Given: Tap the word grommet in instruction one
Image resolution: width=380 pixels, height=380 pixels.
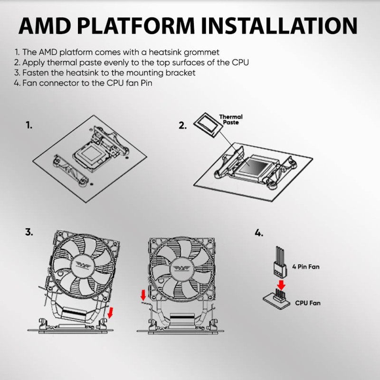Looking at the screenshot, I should click(x=203, y=52).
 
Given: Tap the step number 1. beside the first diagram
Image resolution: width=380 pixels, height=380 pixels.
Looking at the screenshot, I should click(x=29, y=125).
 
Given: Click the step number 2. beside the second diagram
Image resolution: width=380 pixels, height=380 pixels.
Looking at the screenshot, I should click(x=182, y=125).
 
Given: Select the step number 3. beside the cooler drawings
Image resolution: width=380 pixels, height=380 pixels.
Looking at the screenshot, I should click(x=29, y=232).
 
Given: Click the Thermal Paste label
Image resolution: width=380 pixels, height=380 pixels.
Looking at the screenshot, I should click(x=230, y=120).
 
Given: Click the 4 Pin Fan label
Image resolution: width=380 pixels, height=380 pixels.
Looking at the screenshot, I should click(x=306, y=267).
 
